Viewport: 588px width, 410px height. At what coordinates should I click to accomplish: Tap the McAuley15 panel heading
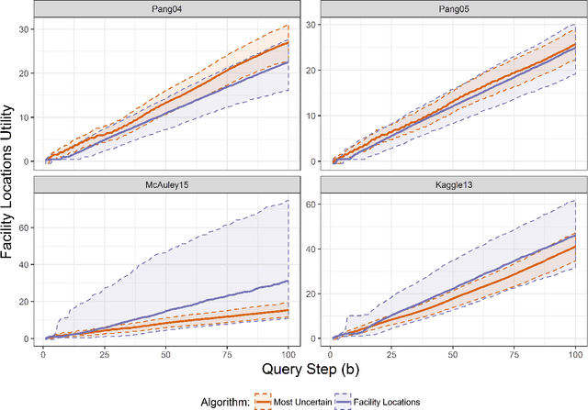(x=167, y=183)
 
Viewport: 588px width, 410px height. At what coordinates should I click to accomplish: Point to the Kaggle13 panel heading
(x=455, y=183)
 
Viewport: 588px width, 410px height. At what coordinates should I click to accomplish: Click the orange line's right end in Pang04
(x=288, y=42)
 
